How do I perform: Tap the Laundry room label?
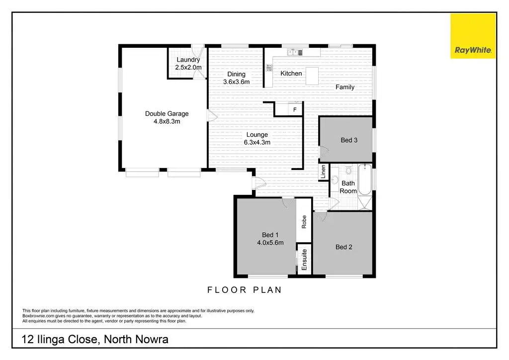pyautogui.click(x=188, y=60)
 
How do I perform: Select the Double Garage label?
pyautogui.click(x=167, y=114)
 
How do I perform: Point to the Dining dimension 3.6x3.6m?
pyautogui.click(x=236, y=82)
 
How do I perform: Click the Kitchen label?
pyautogui.click(x=291, y=74)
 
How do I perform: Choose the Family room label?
pyautogui.click(x=345, y=87)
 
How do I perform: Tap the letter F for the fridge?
pyautogui.click(x=295, y=109)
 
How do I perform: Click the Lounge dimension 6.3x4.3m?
pyautogui.click(x=257, y=142)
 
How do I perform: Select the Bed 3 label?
pyautogui.click(x=349, y=140)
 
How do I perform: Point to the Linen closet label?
pyautogui.click(x=323, y=172)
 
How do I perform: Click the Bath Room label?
pyautogui.click(x=348, y=187)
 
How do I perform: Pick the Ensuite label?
pyautogui.click(x=304, y=260)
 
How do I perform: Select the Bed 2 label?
pyautogui.click(x=344, y=247)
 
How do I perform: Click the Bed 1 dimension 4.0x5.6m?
pyautogui.click(x=270, y=243)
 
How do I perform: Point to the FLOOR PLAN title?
pyautogui.click(x=245, y=290)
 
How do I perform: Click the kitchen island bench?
pyautogui.click(x=312, y=76)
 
